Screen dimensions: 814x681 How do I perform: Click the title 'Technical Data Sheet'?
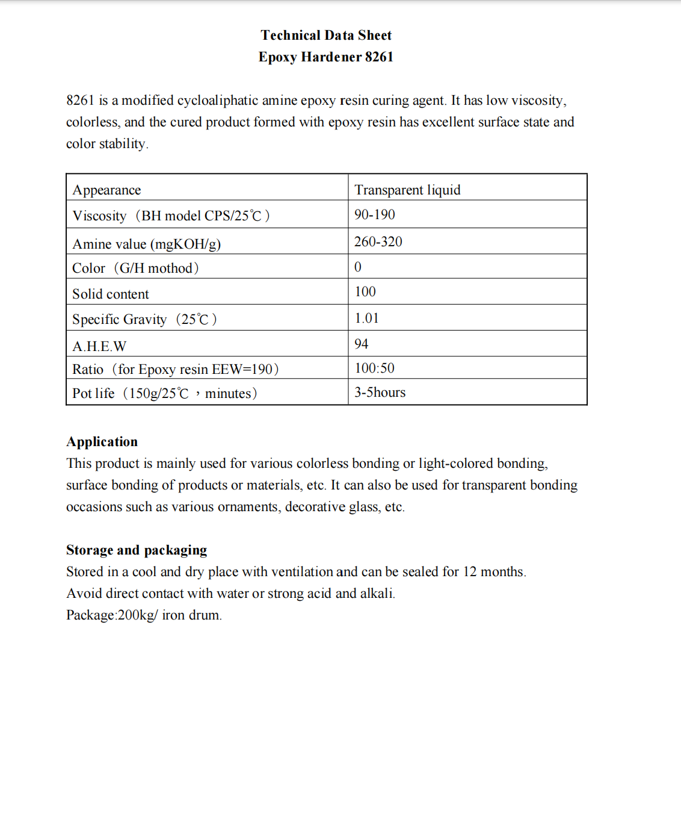pyautogui.click(x=326, y=35)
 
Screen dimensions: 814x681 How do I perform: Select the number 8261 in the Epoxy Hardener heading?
pyautogui.click(x=379, y=57)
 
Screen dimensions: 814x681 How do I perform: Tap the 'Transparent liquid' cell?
pyautogui.click(x=407, y=190)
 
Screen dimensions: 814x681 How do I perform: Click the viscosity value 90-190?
pyautogui.click(x=374, y=214)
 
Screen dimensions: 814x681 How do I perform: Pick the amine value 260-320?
pyautogui.click(x=378, y=241)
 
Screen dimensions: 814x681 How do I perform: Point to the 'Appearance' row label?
pyautogui.click(x=106, y=190)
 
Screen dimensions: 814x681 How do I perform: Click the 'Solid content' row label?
pyautogui.click(x=111, y=294)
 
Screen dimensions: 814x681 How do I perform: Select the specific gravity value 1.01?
pyautogui.click(x=366, y=318)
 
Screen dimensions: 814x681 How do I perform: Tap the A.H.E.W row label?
pyautogui.click(x=99, y=346)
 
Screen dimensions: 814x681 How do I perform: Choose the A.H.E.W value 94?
pyautogui.click(x=361, y=344)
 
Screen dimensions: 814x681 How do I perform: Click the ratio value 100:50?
pyautogui.click(x=374, y=368)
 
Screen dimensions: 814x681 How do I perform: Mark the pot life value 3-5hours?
pyautogui.click(x=380, y=393)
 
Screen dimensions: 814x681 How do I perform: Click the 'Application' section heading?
pyautogui.click(x=102, y=441)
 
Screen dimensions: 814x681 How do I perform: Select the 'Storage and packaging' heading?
pyautogui.click(x=137, y=550)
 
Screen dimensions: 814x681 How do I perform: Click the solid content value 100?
pyautogui.click(x=365, y=291)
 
